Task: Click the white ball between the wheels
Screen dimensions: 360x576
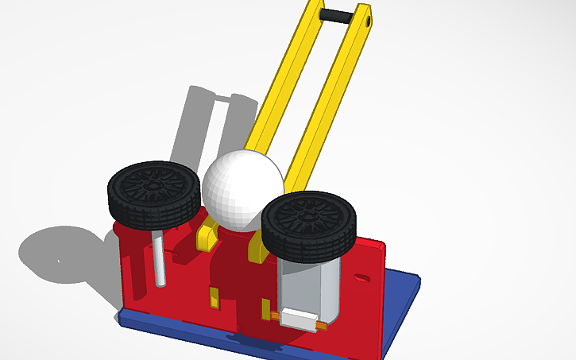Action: pos(242,189)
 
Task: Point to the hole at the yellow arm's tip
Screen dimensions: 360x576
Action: pos(367,22)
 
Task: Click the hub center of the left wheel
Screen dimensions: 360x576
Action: pos(154,182)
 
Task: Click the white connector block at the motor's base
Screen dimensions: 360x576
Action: pos(299,319)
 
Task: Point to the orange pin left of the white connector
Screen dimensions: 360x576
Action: pos(276,316)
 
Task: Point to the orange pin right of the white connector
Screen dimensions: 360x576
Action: pos(321,325)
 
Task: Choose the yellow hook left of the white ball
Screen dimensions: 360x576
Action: pos(207,234)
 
